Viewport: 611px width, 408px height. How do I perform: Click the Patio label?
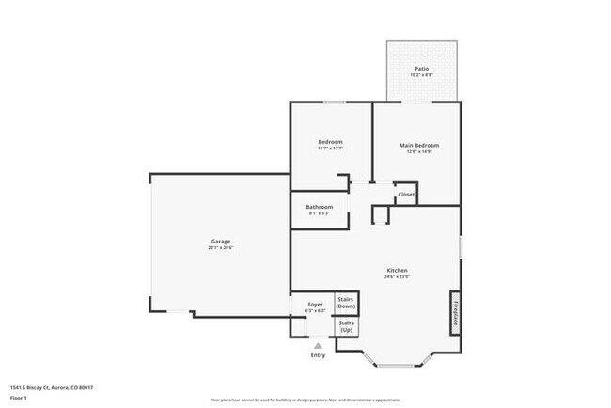[x=423, y=69]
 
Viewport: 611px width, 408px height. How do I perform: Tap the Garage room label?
[x=220, y=242]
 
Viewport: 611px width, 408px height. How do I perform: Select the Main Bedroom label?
[x=419, y=146]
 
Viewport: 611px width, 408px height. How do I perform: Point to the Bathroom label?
[x=320, y=207]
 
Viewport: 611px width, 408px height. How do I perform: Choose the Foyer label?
[x=316, y=305]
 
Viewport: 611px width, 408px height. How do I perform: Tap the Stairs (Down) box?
[x=346, y=304]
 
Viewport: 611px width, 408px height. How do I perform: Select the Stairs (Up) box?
[x=346, y=327]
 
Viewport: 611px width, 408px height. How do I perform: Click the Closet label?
[x=406, y=195]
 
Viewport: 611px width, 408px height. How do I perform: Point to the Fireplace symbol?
[x=455, y=309]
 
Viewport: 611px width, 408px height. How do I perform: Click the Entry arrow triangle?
[x=318, y=346]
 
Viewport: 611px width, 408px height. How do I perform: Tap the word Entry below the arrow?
[x=318, y=355]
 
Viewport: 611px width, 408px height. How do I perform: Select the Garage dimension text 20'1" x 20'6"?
[x=220, y=248]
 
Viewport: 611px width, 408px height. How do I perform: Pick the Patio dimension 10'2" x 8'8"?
[x=423, y=75]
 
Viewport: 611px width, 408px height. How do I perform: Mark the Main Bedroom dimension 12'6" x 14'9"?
[x=419, y=152]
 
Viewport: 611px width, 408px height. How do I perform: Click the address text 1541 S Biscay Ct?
[x=53, y=387]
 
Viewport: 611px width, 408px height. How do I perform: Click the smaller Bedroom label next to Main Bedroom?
[x=329, y=142]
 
